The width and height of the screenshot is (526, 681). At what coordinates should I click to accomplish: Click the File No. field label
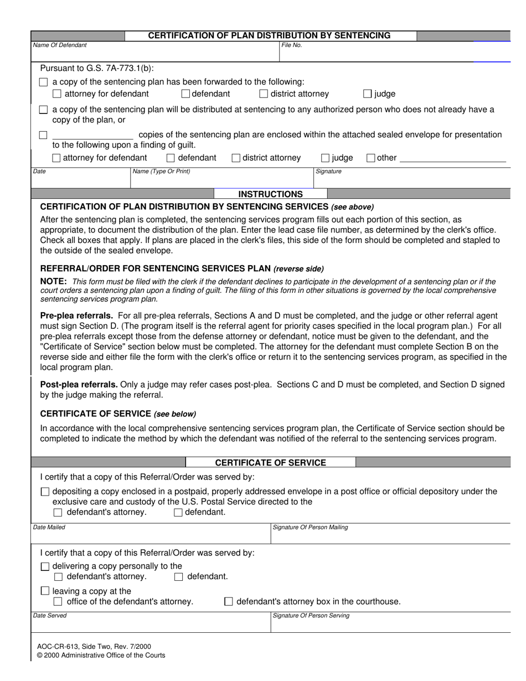click(291, 45)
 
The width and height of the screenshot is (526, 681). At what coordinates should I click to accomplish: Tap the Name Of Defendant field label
click(60, 45)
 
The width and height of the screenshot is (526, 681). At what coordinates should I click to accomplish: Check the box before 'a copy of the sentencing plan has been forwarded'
click(44, 82)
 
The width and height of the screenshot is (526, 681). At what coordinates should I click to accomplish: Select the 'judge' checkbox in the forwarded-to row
click(368, 94)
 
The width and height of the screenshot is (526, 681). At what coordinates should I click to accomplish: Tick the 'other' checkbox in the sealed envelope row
click(371, 158)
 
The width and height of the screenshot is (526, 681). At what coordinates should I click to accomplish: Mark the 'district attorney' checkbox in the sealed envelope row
click(236, 158)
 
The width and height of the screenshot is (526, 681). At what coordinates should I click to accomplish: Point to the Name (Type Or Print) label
click(161, 172)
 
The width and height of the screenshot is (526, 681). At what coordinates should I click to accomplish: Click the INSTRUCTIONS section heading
click(270, 194)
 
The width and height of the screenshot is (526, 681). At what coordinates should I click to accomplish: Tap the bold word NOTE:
click(54, 282)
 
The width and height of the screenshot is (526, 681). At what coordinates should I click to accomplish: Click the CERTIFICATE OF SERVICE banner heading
click(270, 463)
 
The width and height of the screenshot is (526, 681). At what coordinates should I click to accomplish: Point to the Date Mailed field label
click(49, 528)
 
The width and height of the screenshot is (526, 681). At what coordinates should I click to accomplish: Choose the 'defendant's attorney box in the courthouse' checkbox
click(229, 602)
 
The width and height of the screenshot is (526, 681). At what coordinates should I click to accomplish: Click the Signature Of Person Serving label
click(311, 616)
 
